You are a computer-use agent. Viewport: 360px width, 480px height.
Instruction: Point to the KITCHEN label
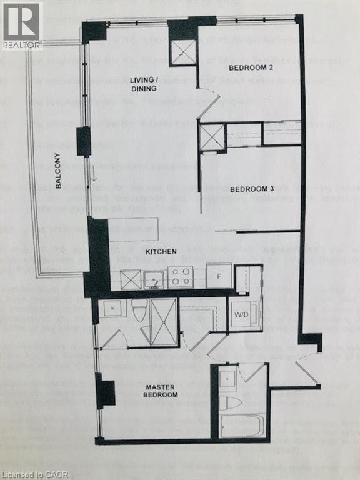(x=161, y=251)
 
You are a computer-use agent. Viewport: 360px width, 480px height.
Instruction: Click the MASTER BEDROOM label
(x=161, y=391)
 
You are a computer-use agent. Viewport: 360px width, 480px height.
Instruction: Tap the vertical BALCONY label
(x=58, y=171)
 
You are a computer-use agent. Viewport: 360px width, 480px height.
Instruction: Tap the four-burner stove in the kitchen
(x=181, y=276)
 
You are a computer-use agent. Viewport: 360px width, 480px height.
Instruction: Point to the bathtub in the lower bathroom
(x=242, y=426)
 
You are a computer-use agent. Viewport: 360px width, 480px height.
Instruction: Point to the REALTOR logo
(x=21, y=25)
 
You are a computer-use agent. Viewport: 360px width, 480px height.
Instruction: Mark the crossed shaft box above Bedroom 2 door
(x=184, y=52)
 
